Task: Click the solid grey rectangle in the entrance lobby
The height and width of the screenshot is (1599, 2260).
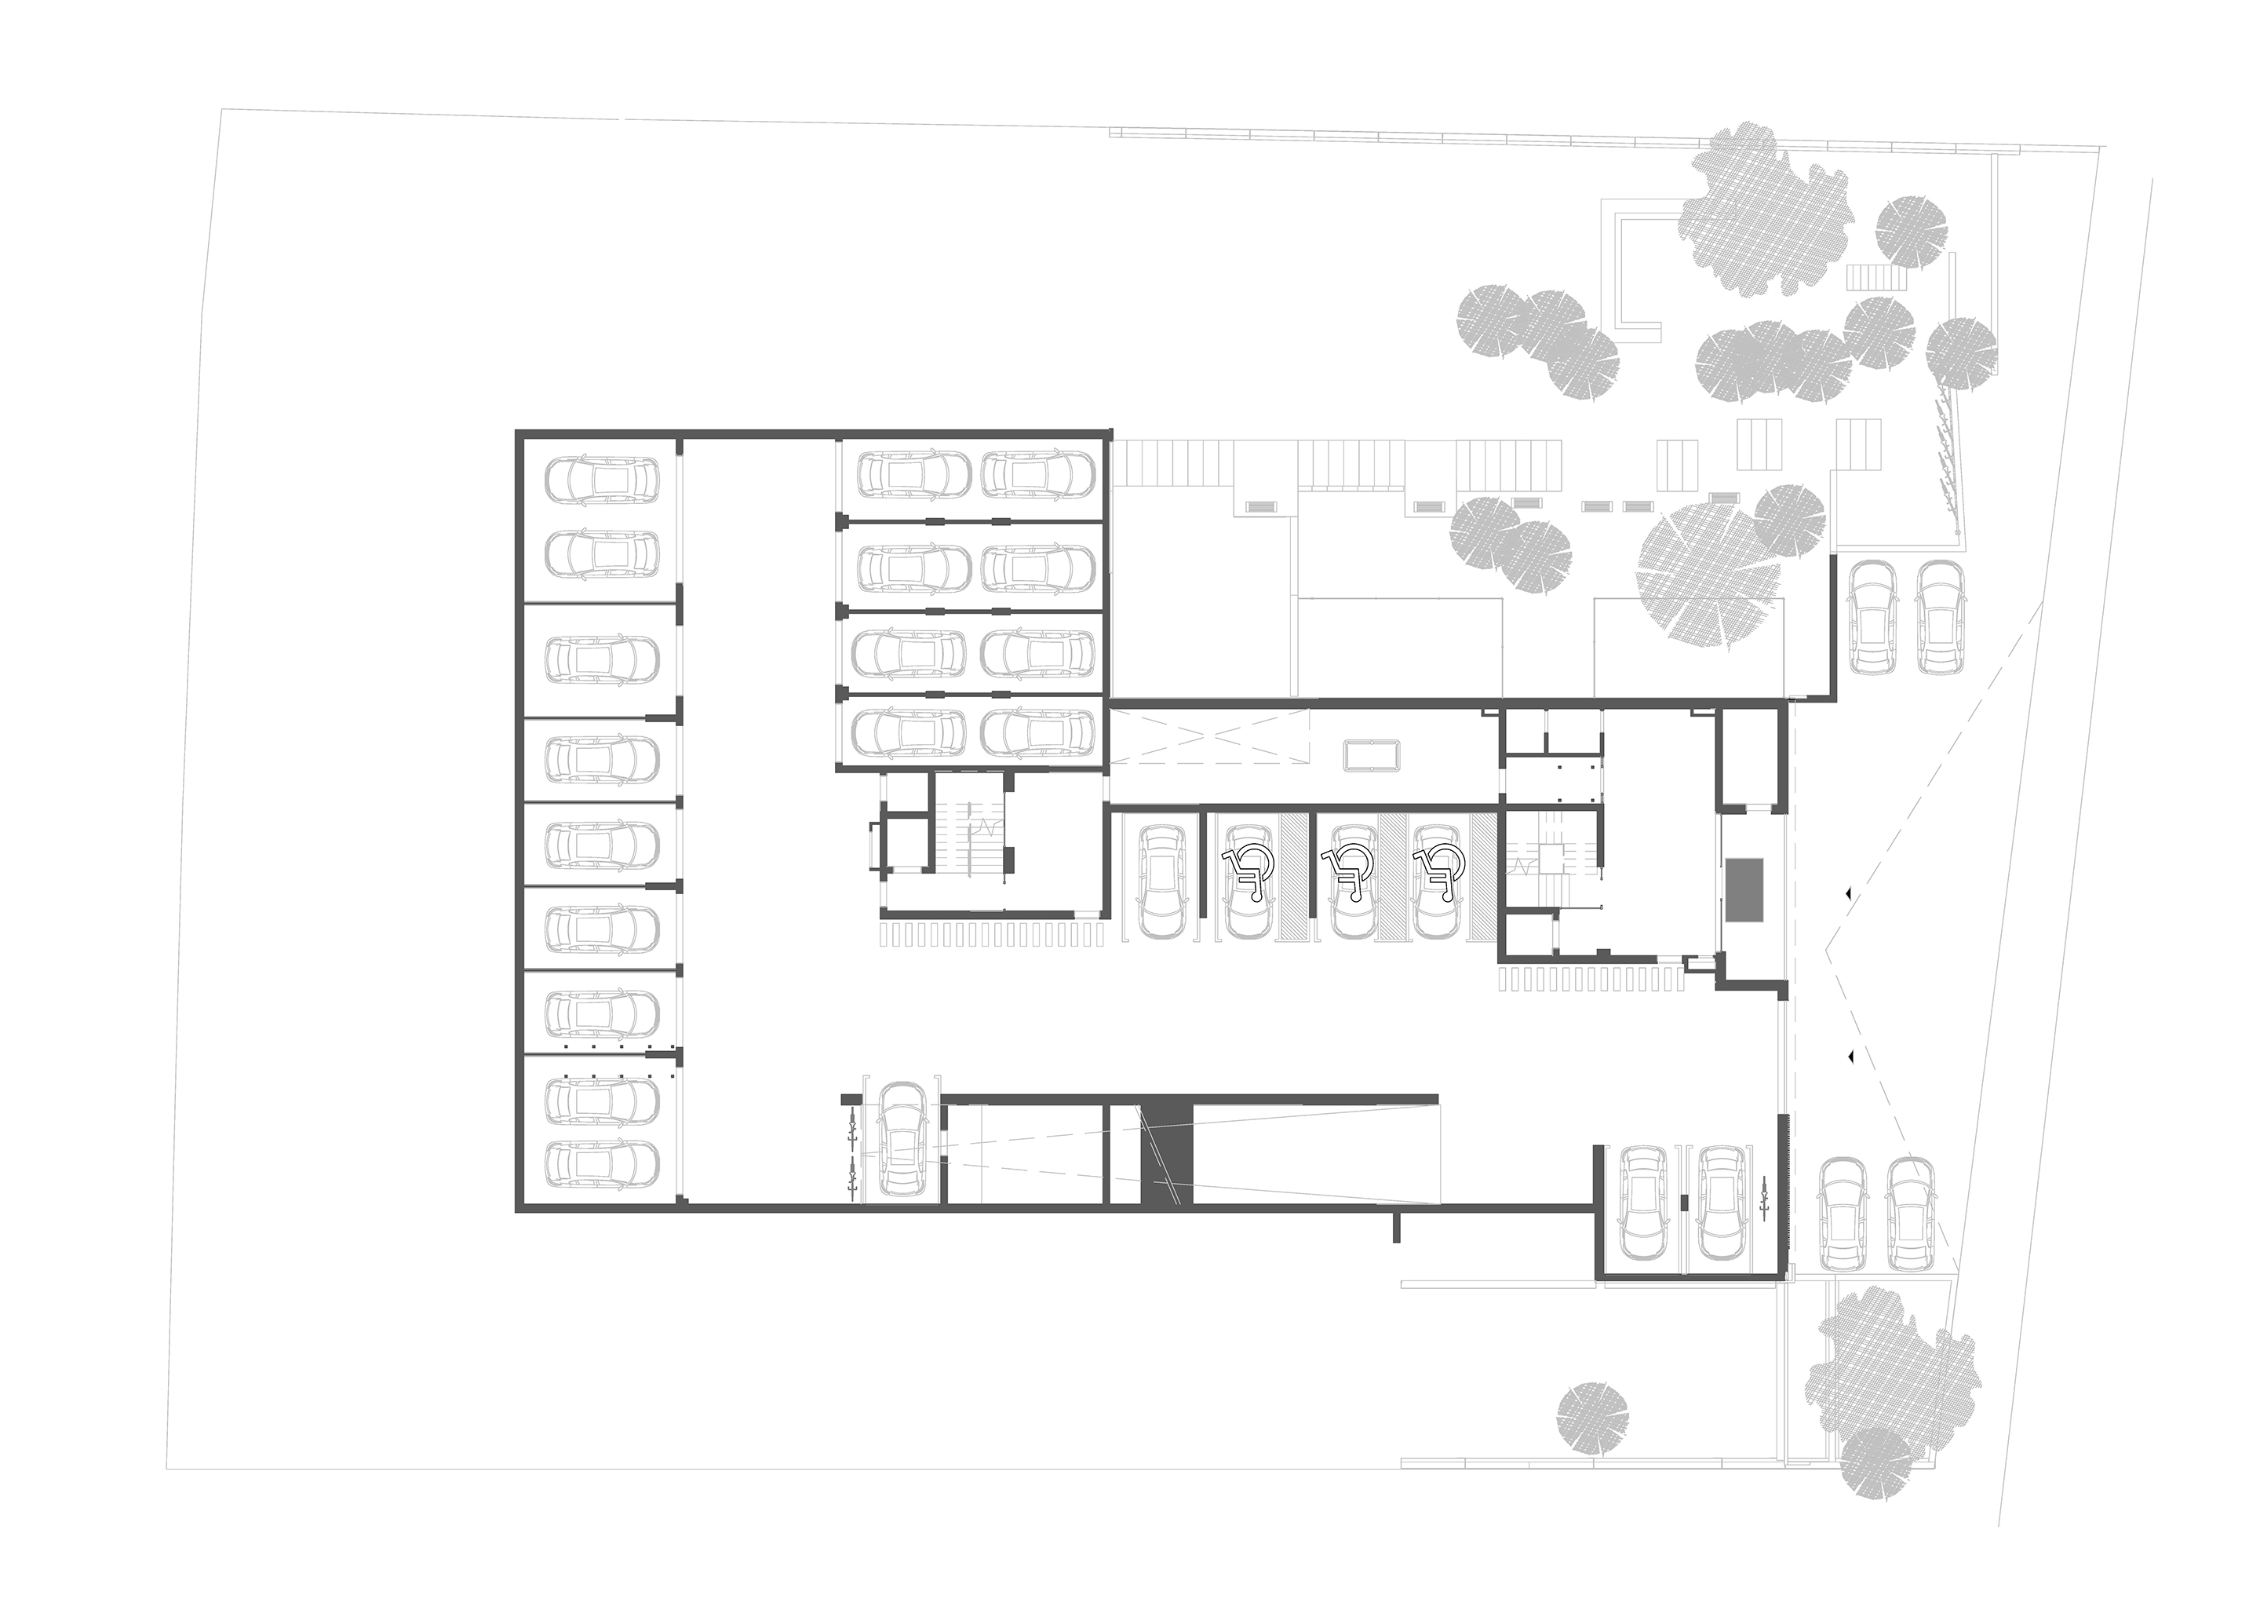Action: click(1745, 890)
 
